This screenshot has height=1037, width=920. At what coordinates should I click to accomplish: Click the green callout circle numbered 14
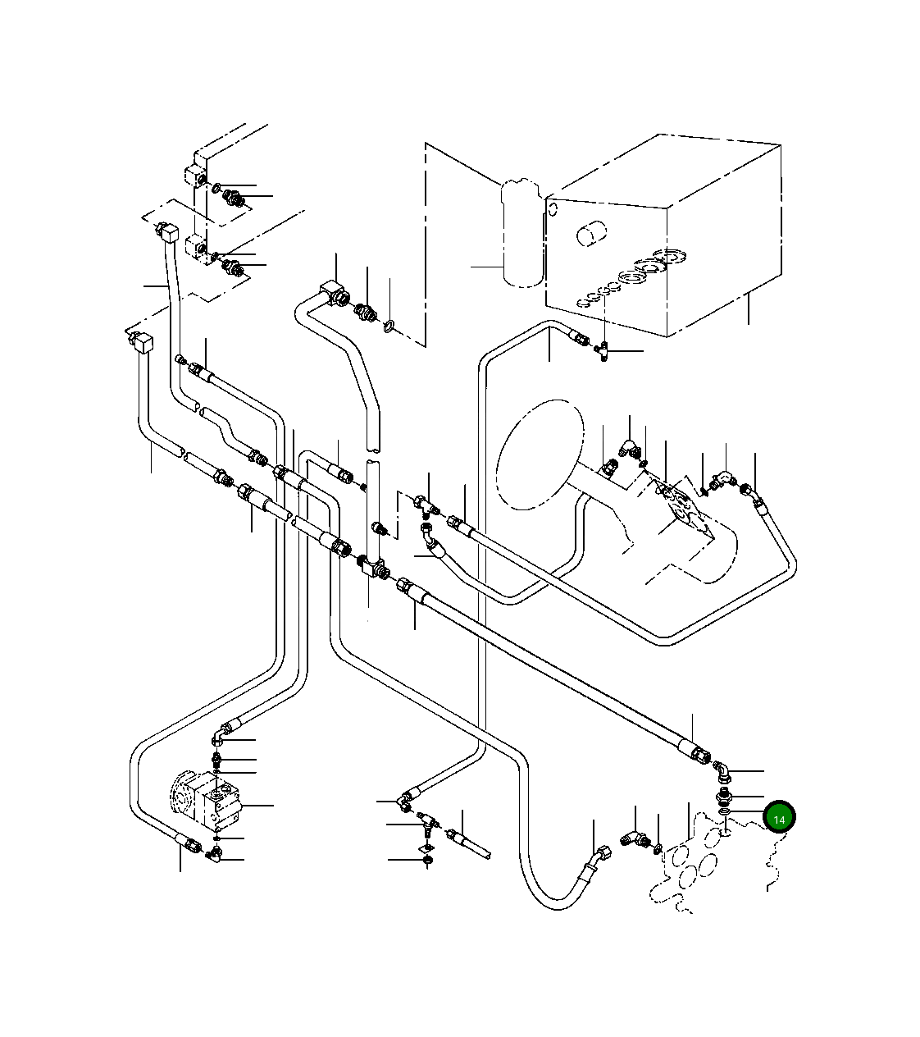click(x=779, y=819)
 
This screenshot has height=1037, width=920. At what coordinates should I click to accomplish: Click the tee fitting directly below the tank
click(x=603, y=351)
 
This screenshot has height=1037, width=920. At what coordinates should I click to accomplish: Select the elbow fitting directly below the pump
click(x=215, y=857)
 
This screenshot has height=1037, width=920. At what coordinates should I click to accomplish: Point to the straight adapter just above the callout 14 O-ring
click(x=724, y=796)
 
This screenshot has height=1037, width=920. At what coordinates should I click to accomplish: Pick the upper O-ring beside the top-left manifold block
click(x=216, y=189)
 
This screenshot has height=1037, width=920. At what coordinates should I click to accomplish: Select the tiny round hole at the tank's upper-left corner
click(x=553, y=209)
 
